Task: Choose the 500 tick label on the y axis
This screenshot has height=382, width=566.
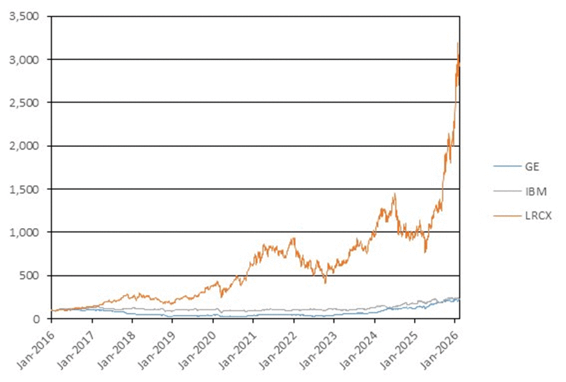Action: pyautogui.click(x=29, y=275)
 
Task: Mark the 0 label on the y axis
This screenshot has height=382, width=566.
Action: pyautogui.click(x=38, y=319)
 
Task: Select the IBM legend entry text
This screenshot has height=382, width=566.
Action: pyautogui.click(x=532, y=190)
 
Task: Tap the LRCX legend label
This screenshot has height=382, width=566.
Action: pyautogui.click(x=536, y=215)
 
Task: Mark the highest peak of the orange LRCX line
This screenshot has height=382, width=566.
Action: pyautogui.click(x=457, y=43)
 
